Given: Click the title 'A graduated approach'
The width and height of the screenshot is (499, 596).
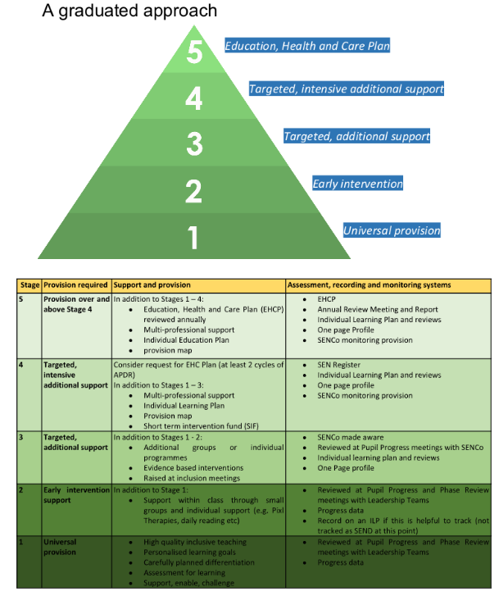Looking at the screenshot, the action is click(x=129, y=11).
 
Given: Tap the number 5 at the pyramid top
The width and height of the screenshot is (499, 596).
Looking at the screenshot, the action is click(x=194, y=52).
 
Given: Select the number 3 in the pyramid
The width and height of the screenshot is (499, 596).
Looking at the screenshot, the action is click(x=194, y=144).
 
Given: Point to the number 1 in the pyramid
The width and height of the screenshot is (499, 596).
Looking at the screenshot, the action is click(x=193, y=238).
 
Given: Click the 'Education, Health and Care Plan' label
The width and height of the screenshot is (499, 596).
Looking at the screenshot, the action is click(x=307, y=46).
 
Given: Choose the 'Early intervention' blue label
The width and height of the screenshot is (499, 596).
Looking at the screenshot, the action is click(x=357, y=184).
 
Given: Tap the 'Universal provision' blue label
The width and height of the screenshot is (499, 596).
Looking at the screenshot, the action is click(x=392, y=230).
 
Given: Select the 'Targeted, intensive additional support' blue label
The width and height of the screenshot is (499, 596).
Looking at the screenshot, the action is click(x=347, y=89).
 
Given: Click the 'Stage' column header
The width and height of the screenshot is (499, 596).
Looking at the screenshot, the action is click(x=29, y=285).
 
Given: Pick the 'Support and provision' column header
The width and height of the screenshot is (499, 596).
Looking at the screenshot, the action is click(x=152, y=285).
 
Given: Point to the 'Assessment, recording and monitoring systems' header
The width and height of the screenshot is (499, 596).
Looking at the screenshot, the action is click(x=369, y=285).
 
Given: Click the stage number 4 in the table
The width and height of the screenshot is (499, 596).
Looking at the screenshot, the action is click(x=21, y=365).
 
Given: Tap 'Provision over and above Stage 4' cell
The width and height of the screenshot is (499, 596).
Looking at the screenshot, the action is click(x=76, y=304).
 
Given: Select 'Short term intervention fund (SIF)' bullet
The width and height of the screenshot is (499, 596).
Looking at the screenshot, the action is click(x=201, y=426).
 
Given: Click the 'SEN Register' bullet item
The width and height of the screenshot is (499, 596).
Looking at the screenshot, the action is click(x=339, y=365).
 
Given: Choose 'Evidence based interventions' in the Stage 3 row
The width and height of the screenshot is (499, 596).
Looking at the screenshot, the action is click(x=193, y=468).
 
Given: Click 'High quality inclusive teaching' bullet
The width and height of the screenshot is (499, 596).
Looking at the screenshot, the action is click(x=195, y=542).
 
